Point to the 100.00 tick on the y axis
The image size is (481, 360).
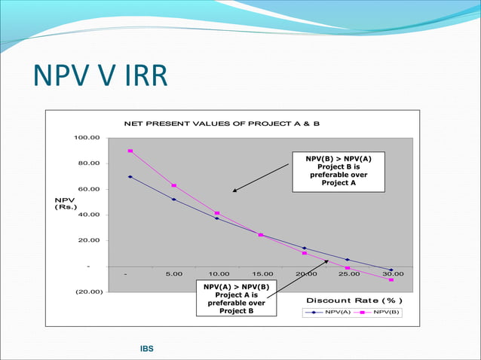click(x=86, y=138)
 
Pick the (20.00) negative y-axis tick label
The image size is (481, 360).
click(x=86, y=291)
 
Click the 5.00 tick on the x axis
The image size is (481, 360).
click(x=174, y=274)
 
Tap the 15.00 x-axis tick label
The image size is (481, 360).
click(x=262, y=274)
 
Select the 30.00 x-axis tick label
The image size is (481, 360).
click(x=393, y=274)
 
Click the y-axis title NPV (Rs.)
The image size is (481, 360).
click(x=65, y=203)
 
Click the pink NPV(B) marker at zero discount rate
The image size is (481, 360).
click(x=130, y=151)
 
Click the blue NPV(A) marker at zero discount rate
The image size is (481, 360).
click(x=130, y=177)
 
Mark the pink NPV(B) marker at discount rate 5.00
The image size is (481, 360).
click(x=174, y=185)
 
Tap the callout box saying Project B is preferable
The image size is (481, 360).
click(x=338, y=170)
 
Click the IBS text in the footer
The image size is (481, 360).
click(x=146, y=349)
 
